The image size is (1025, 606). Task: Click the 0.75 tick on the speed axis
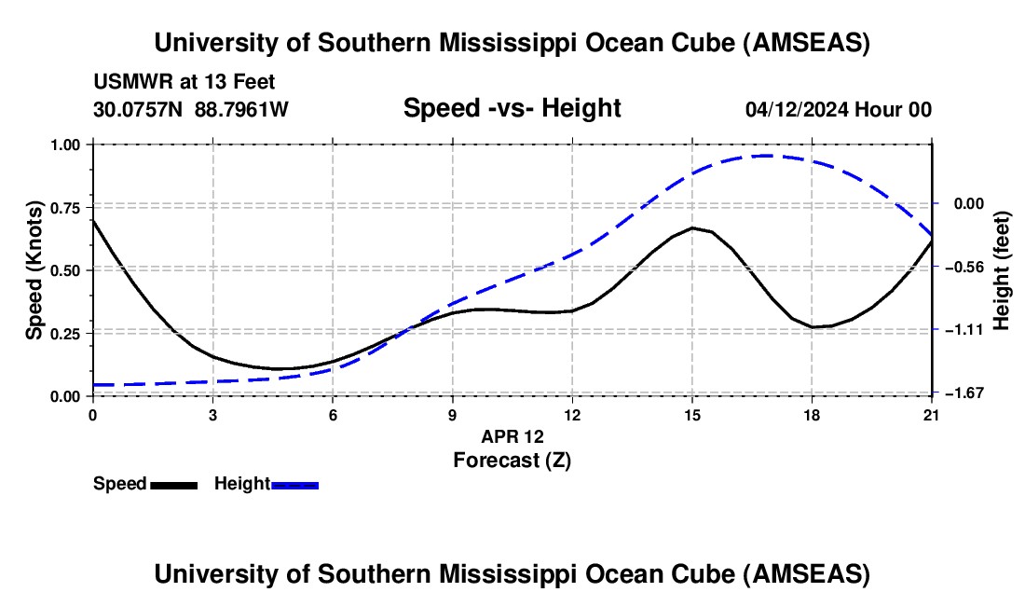point(67,208)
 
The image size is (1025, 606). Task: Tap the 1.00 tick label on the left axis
point(67,145)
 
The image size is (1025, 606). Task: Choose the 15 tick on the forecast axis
point(691,415)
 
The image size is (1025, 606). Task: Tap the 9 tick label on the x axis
point(452,415)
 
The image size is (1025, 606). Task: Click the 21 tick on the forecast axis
point(931,415)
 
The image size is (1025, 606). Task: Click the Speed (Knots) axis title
point(34,269)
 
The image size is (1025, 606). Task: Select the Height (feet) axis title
point(1002,269)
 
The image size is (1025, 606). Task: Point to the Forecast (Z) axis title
point(512,459)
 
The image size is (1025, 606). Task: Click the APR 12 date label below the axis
point(512,436)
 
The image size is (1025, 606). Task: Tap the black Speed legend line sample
point(173,485)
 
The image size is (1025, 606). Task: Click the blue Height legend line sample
point(294,485)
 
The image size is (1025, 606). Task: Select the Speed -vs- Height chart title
point(512,108)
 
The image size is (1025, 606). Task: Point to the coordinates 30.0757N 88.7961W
point(191,109)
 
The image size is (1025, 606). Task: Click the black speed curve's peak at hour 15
point(691,227)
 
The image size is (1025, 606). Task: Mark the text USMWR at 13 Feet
point(184,83)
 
